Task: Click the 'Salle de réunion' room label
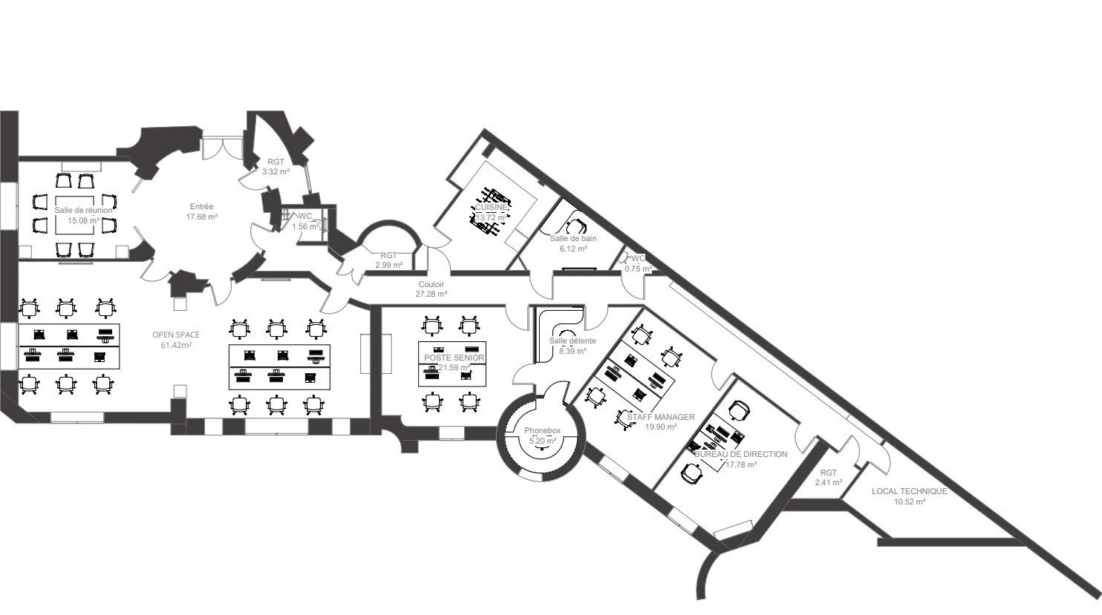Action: [83, 210]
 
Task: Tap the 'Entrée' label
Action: [201, 206]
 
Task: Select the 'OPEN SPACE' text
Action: [176, 335]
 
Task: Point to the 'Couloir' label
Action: [431, 284]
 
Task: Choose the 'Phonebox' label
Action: [542, 430]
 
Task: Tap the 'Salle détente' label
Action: [573, 341]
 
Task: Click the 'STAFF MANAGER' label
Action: [660, 417]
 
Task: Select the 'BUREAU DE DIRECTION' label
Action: [740, 454]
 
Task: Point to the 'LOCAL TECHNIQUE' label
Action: [909, 491]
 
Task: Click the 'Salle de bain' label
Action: [573, 239]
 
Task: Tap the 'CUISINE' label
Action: [491, 208]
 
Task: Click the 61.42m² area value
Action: [176, 345]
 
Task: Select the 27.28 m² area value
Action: [431, 294]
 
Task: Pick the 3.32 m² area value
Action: [275, 171]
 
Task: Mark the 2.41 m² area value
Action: [828, 482]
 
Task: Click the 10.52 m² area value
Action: [910, 501]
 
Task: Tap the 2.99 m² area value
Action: [388, 265]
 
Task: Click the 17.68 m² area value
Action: [201, 217]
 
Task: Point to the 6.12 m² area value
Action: [573, 249]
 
